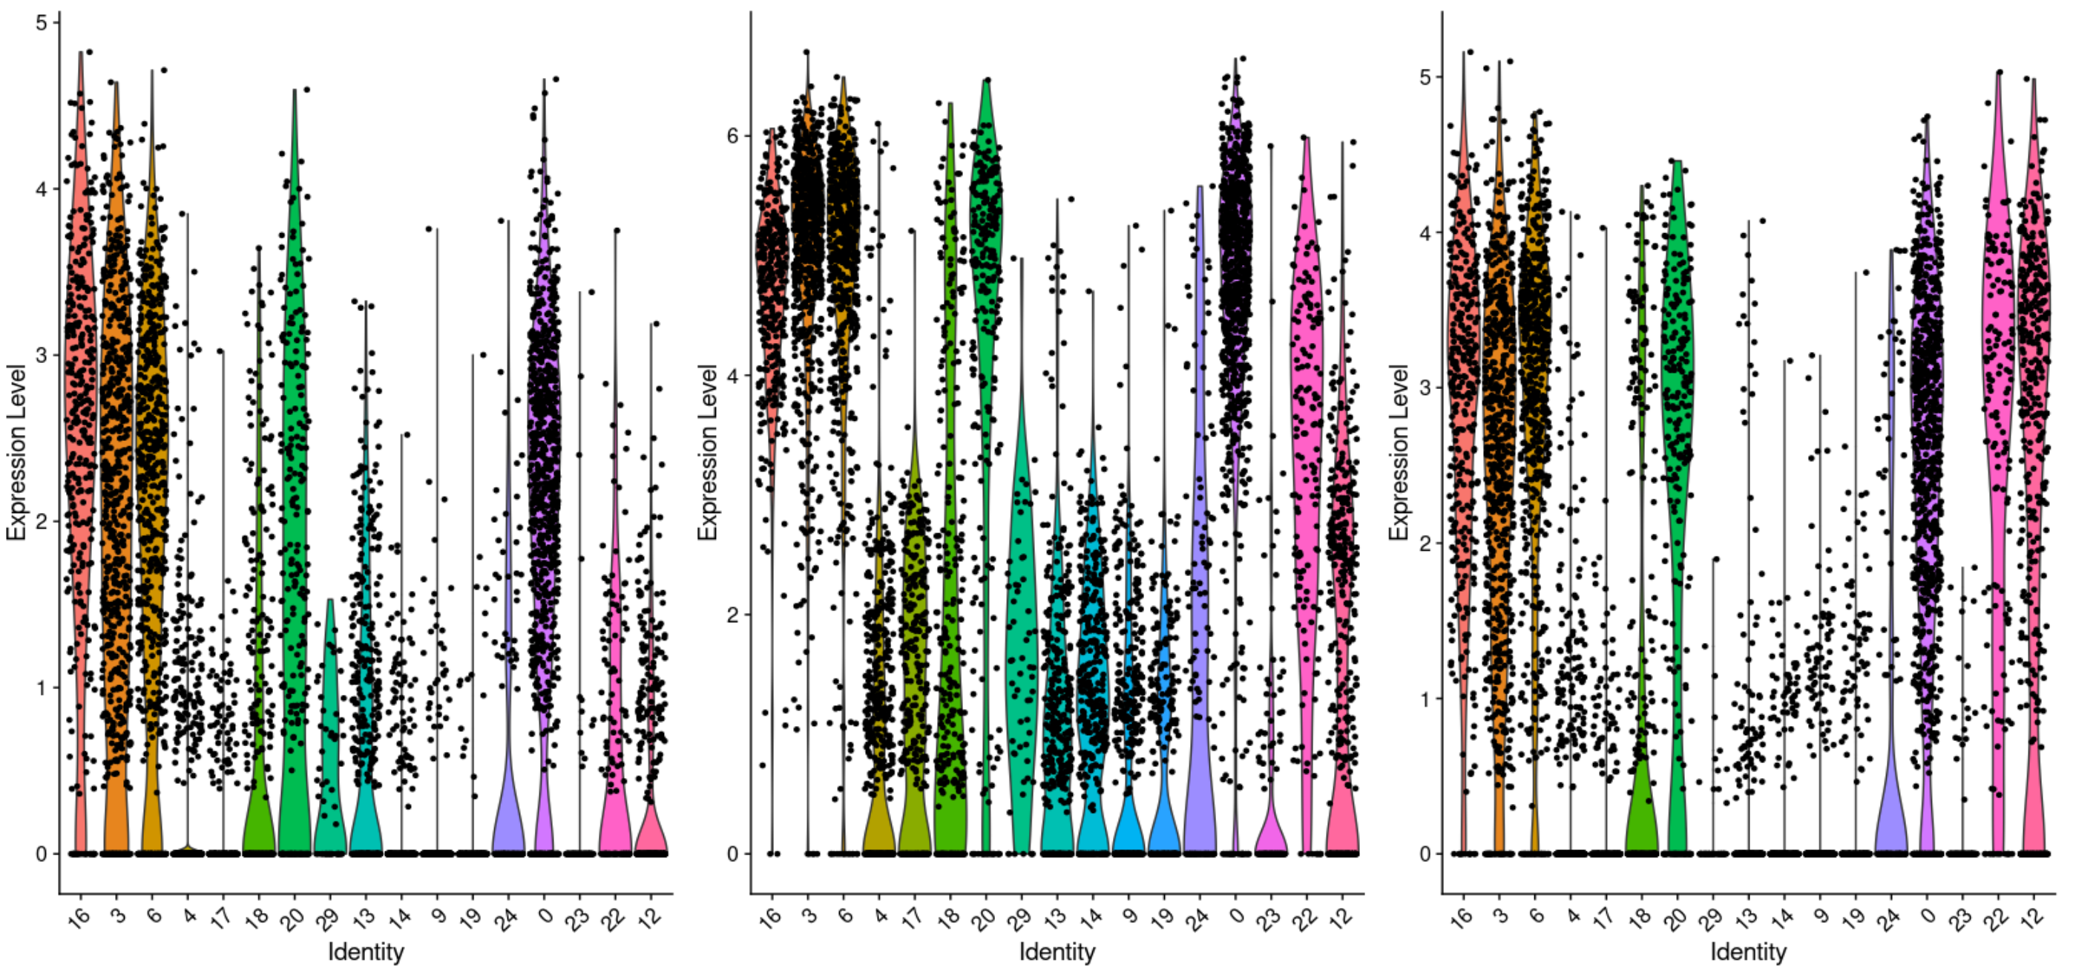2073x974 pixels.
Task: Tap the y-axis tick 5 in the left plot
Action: (x=42, y=22)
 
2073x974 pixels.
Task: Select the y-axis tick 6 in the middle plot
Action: (x=732, y=135)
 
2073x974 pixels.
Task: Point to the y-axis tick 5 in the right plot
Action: (x=1425, y=77)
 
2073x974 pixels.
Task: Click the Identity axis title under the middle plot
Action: (x=1057, y=952)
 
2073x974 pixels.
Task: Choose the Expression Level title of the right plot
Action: (x=1399, y=451)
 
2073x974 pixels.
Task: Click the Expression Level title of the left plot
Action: (x=17, y=451)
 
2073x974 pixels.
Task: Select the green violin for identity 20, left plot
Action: (x=295, y=483)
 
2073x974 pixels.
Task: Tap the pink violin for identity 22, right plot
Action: (x=1997, y=322)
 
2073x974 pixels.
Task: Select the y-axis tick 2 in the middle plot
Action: (x=732, y=614)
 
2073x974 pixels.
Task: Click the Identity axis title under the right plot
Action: (x=1748, y=952)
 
